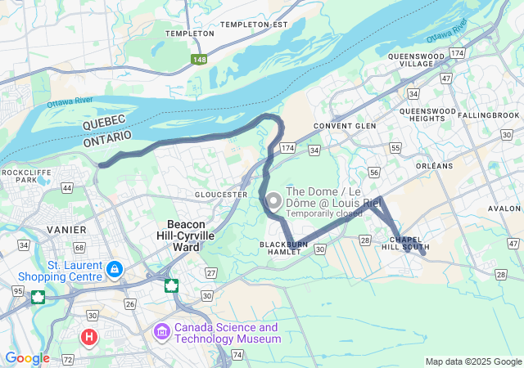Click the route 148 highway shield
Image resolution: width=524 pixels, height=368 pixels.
(x=199, y=60)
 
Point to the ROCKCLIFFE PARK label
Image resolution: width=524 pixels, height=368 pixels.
(x=20, y=176)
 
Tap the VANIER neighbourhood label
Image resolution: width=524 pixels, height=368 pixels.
(x=67, y=231)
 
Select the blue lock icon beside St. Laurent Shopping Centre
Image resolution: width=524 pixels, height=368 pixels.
(x=114, y=268)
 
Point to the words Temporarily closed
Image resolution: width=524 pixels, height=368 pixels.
(x=323, y=213)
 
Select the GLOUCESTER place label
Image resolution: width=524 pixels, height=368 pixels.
(x=221, y=195)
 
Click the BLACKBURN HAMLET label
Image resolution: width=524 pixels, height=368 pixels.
(x=284, y=248)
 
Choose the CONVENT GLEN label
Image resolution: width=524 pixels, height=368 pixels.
(x=344, y=126)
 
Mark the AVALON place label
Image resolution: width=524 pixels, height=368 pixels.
(x=504, y=208)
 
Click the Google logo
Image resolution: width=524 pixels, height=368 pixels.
(x=27, y=358)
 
